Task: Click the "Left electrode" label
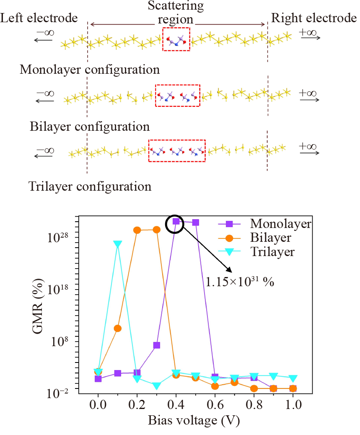(39, 18)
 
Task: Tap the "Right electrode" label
(313, 18)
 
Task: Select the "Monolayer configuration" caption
(89, 69)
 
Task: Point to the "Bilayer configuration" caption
(90, 126)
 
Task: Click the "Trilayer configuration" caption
(90, 186)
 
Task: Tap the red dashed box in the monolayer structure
(176, 39)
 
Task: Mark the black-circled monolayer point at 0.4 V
(176, 221)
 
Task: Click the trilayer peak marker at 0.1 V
(118, 244)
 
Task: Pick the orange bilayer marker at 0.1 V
(118, 328)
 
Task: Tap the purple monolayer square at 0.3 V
(157, 345)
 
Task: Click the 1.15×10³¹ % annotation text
(240, 282)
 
